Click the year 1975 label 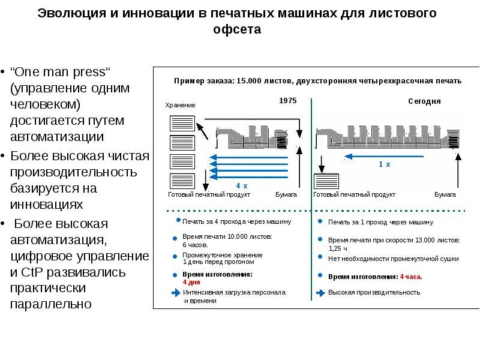click(x=288, y=101)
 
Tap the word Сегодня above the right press click(x=424, y=101)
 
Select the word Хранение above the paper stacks click(x=180, y=106)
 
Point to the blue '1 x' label click(x=384, y=164)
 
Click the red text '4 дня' click(x=191, y=281)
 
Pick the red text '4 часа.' click(x=411, y=277)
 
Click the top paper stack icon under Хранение click(x=181, y=124)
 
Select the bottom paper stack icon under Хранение click(x=181, y=181)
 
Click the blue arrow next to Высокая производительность click(x=320, y=293)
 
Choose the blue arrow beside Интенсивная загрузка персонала click(x=175, y=293)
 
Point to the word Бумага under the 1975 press click(x=286, y=195)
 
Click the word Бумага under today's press click(x=445, y=195)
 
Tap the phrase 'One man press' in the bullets click(x=61, y=72)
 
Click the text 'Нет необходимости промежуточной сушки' click(x=393, y=259)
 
